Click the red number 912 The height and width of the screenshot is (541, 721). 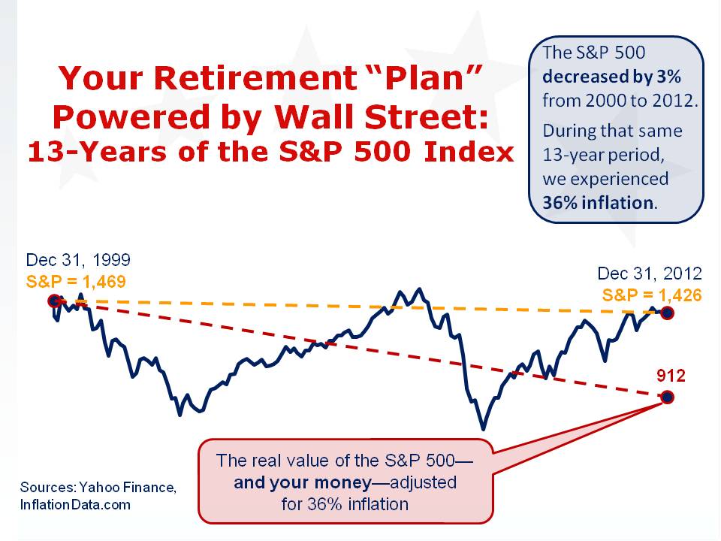[671, 376]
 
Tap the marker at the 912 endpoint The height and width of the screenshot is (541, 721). [667, 397]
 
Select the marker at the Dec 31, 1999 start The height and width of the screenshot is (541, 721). [54, 301]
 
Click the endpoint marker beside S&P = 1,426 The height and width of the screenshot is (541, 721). [667, 313]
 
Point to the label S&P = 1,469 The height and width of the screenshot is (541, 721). [76, 282]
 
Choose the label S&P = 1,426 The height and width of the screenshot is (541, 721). [652, 295]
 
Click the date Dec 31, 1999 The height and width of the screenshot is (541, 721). [78, 260]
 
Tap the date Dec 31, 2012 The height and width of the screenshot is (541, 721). [650, 274]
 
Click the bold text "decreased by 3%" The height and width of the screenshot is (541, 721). [611, 77]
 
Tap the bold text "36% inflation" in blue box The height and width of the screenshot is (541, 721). [598, 203]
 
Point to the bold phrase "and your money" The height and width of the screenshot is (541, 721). [303, 482]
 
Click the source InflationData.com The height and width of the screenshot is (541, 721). [75, 505]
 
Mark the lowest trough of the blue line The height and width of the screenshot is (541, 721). [483, 430]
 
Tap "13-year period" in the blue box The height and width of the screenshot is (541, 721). [603, 155]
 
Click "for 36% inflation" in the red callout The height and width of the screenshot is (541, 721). [345, 504]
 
